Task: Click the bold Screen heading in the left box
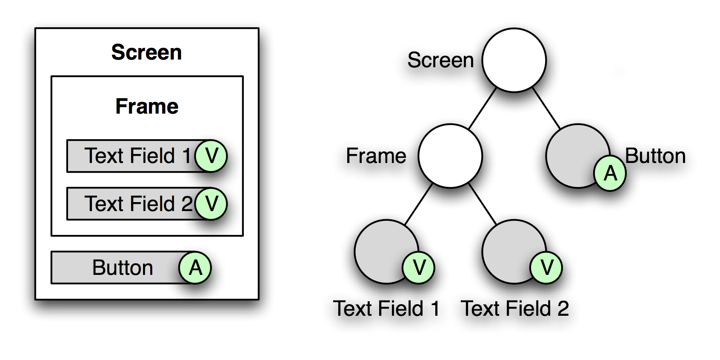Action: (146, 52)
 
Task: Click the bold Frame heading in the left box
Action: (147, 106)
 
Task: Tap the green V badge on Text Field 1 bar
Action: (211, 156)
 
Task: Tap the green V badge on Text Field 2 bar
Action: (211, 204)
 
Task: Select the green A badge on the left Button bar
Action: (195, 268)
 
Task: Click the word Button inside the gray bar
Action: (123, 268)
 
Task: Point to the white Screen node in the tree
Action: (514, 60)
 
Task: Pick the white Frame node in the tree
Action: (450, 156)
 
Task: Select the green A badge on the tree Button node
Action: (610, 173)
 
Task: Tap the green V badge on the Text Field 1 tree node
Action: (418, 268)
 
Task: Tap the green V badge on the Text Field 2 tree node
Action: (546, 268)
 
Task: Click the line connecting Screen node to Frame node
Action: (483, 108)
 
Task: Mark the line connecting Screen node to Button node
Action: (546, 108)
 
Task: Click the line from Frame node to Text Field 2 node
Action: (483, 204)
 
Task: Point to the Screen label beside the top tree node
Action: (440, 60)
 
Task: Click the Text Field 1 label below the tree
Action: (386, 309)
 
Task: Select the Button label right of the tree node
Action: (655, 156)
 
